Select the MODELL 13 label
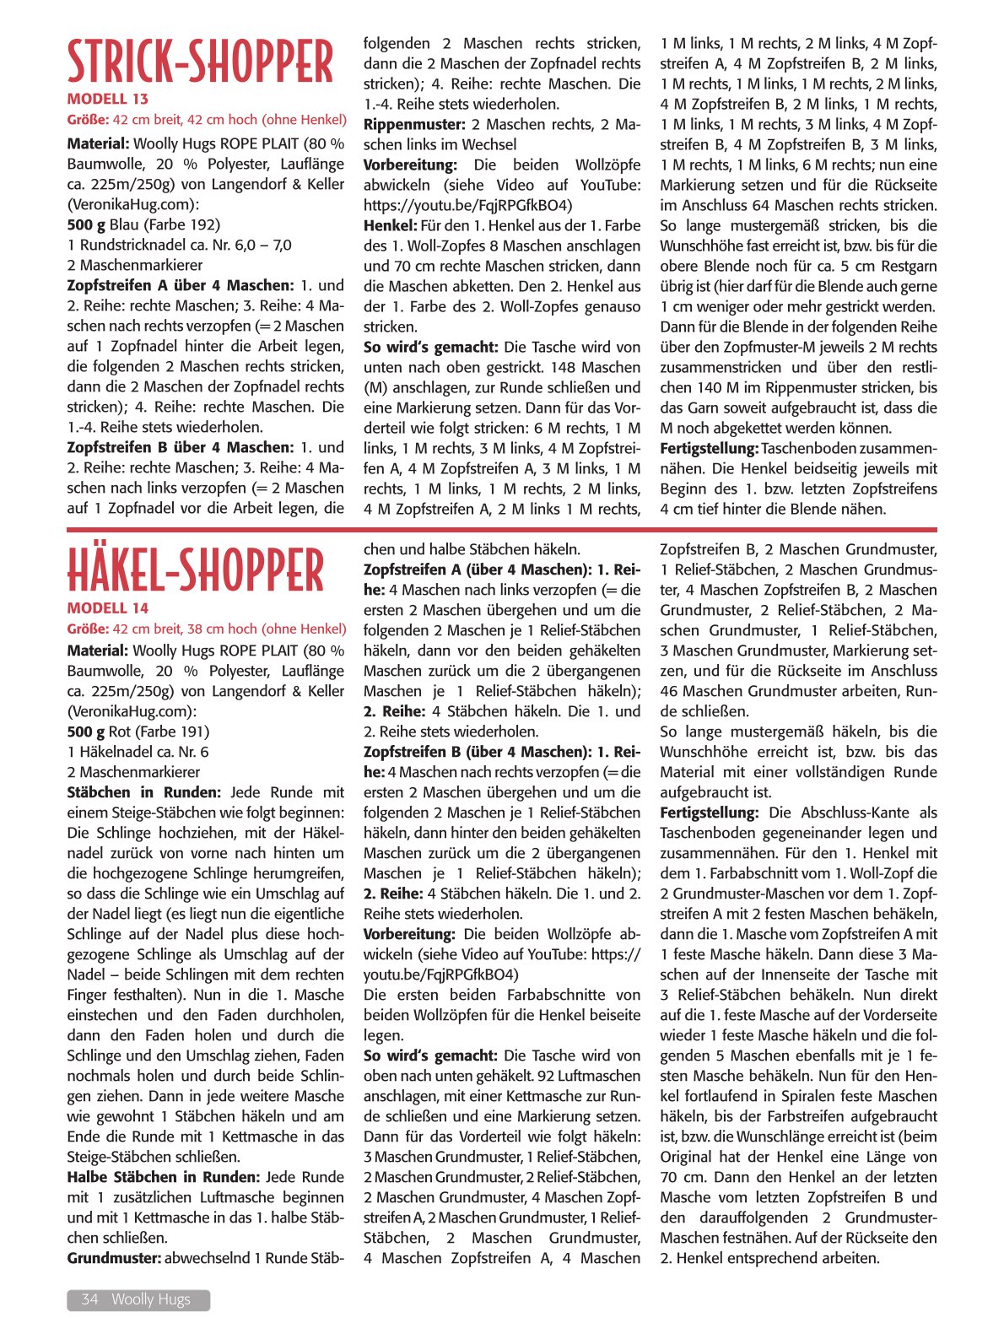click(107, 100)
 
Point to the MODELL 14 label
click(107, 608)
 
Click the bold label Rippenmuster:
click(414, 124)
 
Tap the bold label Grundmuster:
click(114, 1258)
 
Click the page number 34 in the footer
click(89, 1299)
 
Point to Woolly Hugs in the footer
click(151, 1299)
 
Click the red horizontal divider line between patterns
click(501, 530)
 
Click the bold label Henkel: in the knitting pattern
click(390, 225)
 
